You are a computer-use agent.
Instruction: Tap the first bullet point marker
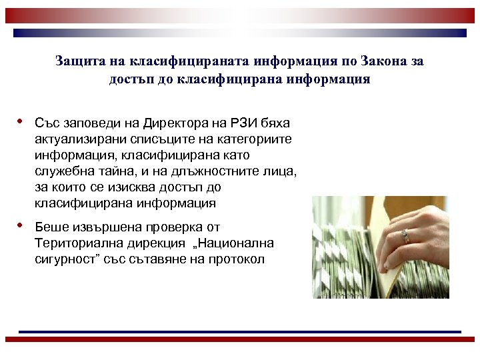point(21,122)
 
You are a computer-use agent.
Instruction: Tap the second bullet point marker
point(21,226)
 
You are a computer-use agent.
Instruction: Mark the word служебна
point(62,171)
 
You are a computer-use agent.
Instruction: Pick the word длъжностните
point(217,171)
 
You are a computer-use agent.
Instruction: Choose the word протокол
point(236,259)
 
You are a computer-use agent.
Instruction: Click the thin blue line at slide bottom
point(240,331)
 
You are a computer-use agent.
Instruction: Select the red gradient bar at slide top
point(240,15)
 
